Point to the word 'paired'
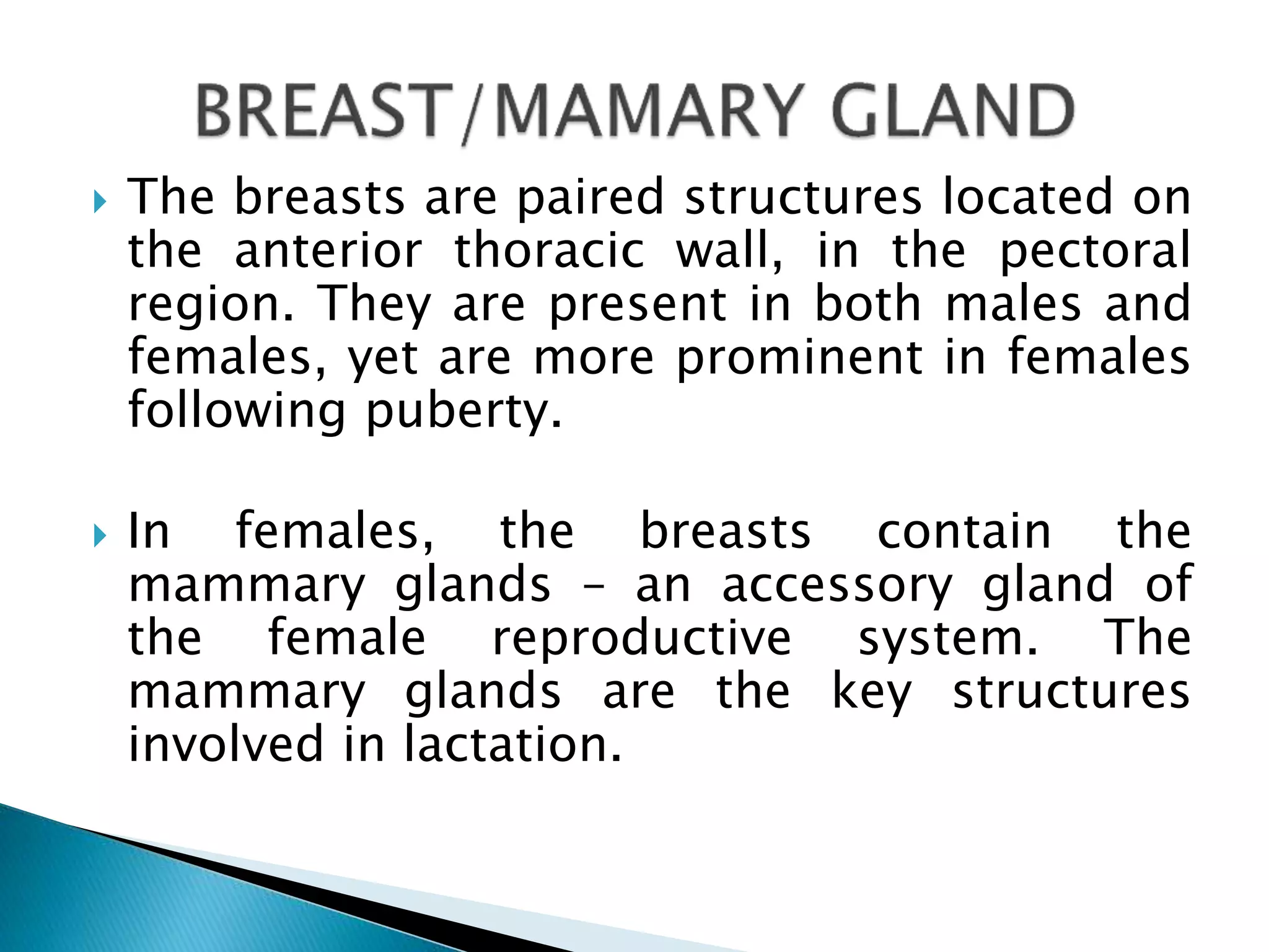tap(590, 198)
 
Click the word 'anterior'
tap(328, 250)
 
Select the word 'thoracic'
tap(550, 250)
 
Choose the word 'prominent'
tap(799, 358)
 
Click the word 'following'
tap(236, 412)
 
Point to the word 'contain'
tap(964, 532)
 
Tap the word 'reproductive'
tap(641, 639)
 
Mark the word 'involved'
tap(226, 744)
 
